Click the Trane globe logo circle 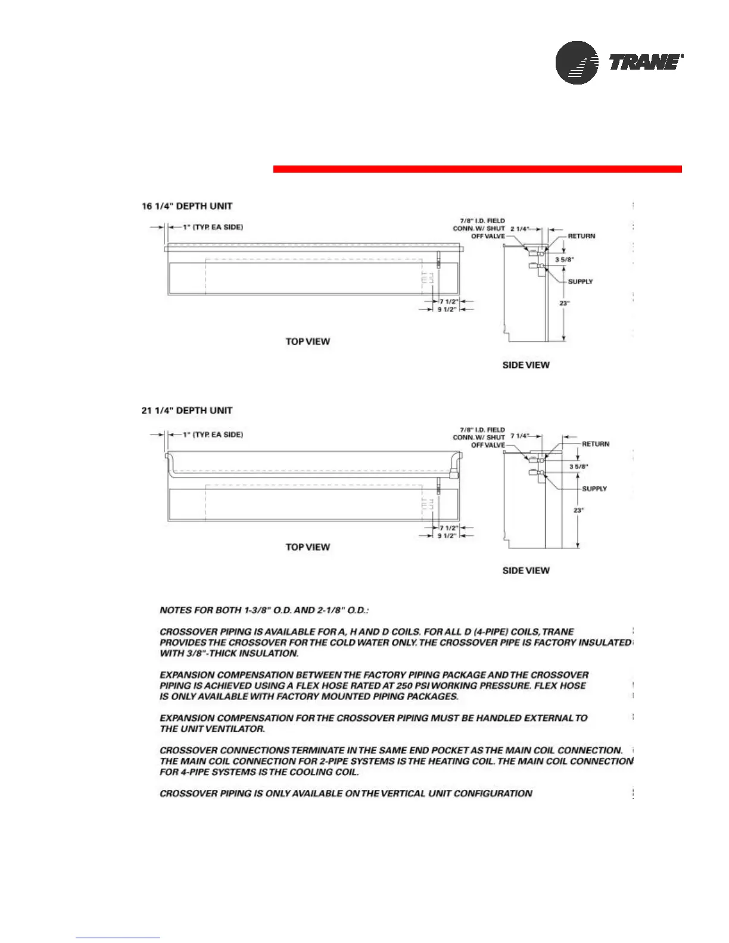[577, 63]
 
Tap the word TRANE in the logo [645, 63]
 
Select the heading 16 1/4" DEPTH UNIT [187, 206]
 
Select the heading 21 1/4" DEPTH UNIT [187, 410]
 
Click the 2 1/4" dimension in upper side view [519, 229]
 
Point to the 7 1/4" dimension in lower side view [520, 436]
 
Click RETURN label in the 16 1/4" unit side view [581, 236]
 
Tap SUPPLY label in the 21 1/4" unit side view [594, 489]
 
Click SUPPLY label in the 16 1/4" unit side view [580, 282]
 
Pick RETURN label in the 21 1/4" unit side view [596, 444]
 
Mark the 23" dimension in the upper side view [564, 303]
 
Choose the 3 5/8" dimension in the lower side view [579, 467]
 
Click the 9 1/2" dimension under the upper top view [447, 310]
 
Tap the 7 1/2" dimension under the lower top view [448, 528]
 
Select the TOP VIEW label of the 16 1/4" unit [307, 341]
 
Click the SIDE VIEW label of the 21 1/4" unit [526, 570]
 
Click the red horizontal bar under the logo [477, 169]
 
